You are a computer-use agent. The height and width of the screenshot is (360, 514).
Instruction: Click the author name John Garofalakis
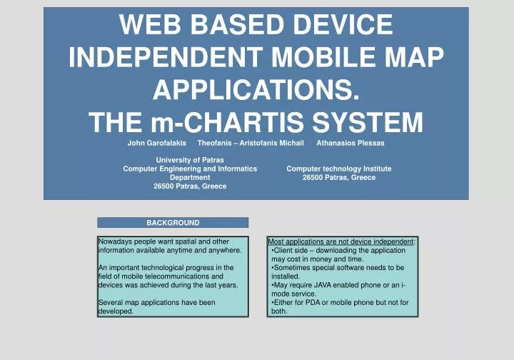tap(156, 143)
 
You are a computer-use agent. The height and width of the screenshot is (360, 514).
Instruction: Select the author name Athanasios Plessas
tap(350, 143)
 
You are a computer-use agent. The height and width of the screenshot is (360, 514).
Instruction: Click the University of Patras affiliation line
tap(189, 160)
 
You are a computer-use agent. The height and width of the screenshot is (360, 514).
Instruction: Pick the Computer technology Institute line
tap(338, 169)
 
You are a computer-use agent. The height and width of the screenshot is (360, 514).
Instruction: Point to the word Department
tap(189, 177)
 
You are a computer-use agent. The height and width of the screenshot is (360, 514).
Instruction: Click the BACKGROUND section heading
tap(173, 223)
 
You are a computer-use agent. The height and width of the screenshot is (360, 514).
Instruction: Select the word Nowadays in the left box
tap(114, 242)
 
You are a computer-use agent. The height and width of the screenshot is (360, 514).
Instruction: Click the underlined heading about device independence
tap(341, 242)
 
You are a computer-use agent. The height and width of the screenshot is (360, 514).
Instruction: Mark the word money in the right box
tap(315, 259)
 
